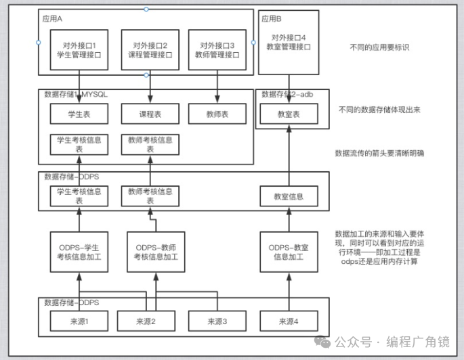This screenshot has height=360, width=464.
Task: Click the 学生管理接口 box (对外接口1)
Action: pos(79,49)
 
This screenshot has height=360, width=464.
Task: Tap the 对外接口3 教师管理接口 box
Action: pos(217,49)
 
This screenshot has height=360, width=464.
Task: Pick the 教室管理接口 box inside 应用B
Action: pos(289,43)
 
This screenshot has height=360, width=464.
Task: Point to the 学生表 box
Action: pos(79,114)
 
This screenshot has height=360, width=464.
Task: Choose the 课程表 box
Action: pos(150,114)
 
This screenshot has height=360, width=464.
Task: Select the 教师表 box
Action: pos(217,114)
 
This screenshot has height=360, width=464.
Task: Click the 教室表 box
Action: pos(289,114)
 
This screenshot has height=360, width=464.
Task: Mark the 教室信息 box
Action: pos(289,197)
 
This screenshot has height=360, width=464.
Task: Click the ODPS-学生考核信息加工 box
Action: pos(79,251)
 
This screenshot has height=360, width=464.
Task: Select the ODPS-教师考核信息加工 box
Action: pos(155,251)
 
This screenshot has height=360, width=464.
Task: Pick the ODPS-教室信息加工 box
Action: pos(289,251)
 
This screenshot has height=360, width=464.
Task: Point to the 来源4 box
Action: pos(289,321)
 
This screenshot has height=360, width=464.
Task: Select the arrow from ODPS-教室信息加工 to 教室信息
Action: pos(289,219)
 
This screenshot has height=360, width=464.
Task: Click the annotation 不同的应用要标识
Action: pos(379,47)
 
